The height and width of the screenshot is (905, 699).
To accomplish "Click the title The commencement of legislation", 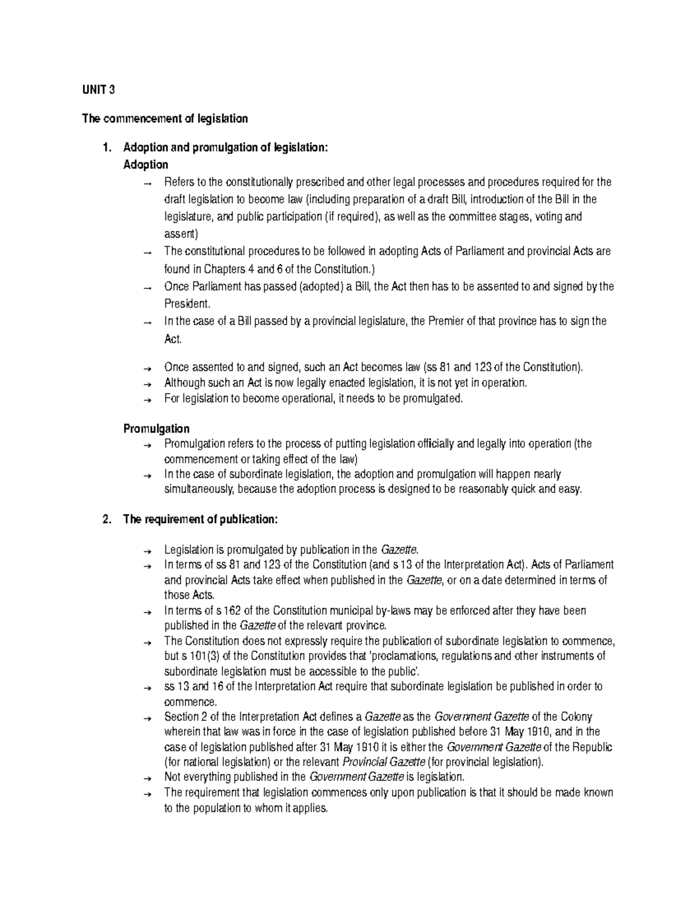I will (x=165, y=119).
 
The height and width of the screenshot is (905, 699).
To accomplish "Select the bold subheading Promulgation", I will (x=156, y=429).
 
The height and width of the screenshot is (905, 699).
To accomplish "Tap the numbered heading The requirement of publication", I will (x=201, y=520).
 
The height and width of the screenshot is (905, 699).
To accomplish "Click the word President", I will (x=185, y=304).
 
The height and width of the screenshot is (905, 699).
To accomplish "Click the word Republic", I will (x=593, y=747).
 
